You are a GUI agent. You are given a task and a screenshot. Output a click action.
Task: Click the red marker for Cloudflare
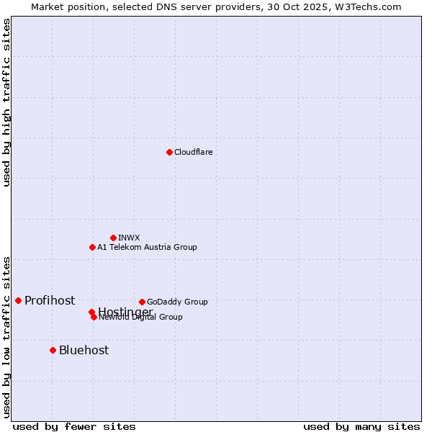(169, 152)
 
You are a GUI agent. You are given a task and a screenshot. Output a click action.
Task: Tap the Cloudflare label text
(193, 152)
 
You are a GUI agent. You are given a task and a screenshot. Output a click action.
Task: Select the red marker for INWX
(113, 238)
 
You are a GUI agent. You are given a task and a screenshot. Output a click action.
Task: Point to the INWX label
(129, 238)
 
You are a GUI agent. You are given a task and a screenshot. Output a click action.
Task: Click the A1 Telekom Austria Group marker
(92, 247)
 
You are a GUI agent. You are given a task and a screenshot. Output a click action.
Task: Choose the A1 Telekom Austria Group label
(147, 247)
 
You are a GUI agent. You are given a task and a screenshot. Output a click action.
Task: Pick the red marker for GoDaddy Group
(142, 302)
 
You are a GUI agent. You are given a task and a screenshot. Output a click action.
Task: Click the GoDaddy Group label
(177, 302)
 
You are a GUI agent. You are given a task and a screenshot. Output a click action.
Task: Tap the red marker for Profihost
(18, 300)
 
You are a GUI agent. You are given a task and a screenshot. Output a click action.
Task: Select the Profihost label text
(50, 300)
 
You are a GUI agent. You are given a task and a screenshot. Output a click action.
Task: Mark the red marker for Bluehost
(53, 350)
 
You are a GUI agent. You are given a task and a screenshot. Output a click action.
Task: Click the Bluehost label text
(84, 350)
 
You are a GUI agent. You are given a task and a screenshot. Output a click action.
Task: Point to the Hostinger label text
(125, 311)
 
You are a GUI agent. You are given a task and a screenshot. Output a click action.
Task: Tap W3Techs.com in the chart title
(366, 6)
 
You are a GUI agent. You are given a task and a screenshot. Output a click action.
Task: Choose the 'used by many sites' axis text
(361, 427)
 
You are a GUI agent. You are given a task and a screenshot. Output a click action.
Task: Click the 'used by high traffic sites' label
(6, 102)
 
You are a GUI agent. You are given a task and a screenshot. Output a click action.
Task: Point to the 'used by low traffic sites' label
(6, 336)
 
